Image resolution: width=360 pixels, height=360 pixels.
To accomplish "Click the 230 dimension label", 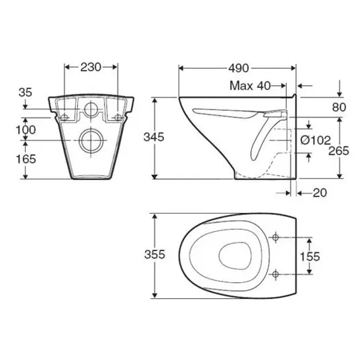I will coord(91,68).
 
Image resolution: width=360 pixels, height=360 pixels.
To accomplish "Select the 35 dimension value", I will coord(25,92).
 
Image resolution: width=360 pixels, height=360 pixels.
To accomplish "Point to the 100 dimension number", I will coord(26,128).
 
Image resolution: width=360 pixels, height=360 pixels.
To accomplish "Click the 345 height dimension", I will coord(154,136).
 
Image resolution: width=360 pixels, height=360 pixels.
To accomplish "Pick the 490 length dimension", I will coord(238,68).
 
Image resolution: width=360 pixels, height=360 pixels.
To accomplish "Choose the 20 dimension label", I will coord(322,193).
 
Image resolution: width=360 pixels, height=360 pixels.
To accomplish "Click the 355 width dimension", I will coord(155,256).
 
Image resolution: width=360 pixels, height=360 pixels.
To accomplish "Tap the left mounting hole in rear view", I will coord(65,118).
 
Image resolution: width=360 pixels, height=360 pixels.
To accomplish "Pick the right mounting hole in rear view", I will coord(118,118).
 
